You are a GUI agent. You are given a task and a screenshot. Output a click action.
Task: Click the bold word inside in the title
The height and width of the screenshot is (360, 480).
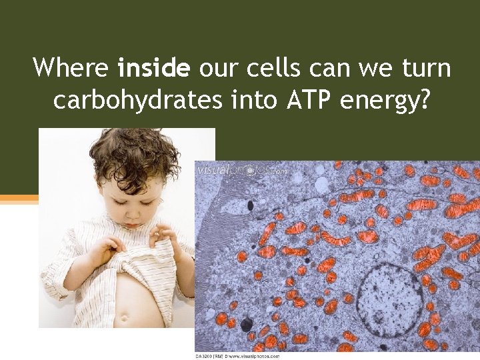click(154, 67)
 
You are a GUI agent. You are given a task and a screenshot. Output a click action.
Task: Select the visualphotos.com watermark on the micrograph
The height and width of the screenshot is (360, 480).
click(242, 171)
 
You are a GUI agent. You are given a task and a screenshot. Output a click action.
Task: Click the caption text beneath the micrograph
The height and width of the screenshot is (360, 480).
click(237, 356)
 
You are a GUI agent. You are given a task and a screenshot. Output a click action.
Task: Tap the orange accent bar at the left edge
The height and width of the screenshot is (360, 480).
click(19, 198)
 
